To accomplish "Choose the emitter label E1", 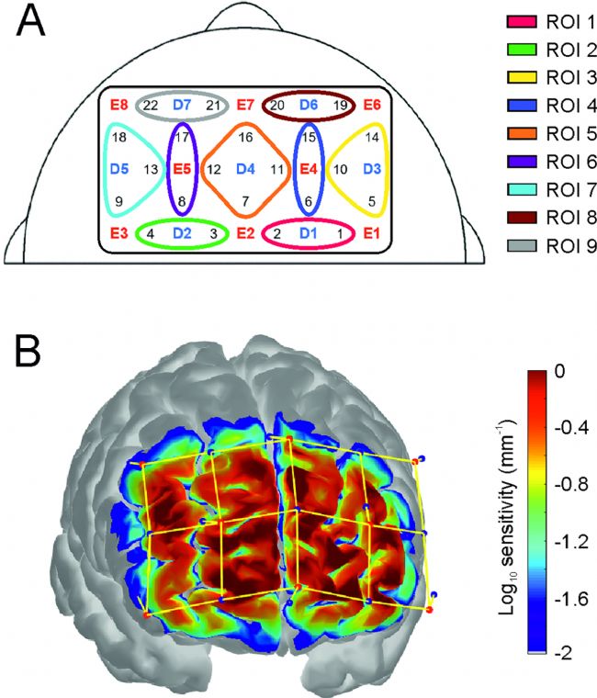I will click(371, 233).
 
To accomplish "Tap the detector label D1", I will click(309, 233).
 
